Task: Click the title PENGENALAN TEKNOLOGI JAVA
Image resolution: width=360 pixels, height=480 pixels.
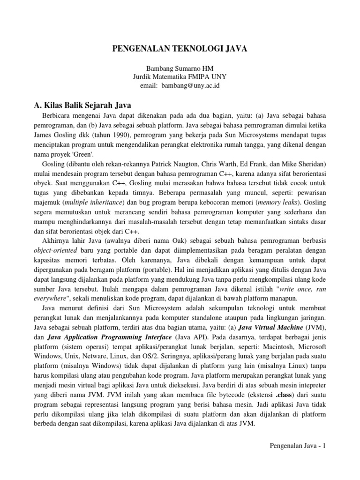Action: point(180,48)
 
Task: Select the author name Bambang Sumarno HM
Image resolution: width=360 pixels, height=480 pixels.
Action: point(180,69)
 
